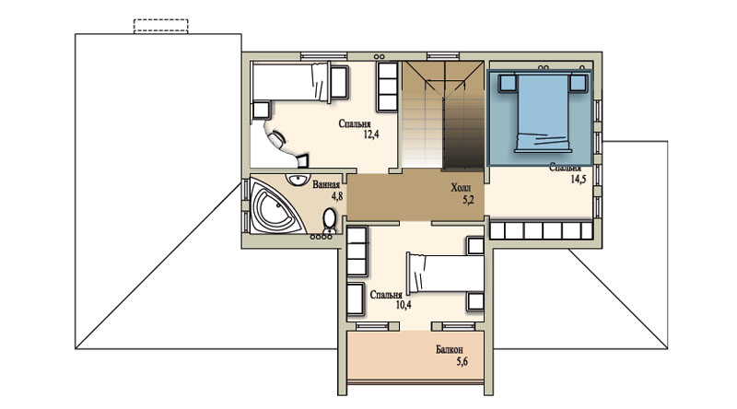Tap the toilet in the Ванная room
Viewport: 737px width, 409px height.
point(330,220)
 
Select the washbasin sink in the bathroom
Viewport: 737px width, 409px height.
point(297,180)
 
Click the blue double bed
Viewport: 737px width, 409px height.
point(543,112)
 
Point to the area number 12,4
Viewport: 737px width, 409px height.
point(371,134)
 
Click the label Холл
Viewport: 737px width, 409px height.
point(461,189)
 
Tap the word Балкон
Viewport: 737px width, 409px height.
point(449,350)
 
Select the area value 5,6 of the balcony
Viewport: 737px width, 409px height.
point(462,361)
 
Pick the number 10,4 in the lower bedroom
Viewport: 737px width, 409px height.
point(404,305)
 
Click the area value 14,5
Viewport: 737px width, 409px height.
point(579,179)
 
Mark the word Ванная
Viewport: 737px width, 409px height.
point(326,185)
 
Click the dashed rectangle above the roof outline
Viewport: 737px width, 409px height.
point(160,27)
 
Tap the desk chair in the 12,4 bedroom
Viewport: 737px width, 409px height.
point(275,139)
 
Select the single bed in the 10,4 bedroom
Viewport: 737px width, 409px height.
point(445,273)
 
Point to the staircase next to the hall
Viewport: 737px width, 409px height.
point(443,115)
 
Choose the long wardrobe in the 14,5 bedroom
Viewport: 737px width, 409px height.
point(541,231)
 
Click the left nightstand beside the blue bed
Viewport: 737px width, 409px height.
point(508,83)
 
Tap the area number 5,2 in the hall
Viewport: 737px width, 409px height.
point(468,200)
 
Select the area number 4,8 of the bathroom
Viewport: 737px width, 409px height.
point(336,196)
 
